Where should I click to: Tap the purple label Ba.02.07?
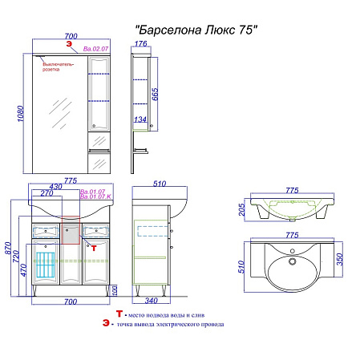tap(97, 50)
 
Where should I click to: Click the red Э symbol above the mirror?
tap(57, 49)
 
